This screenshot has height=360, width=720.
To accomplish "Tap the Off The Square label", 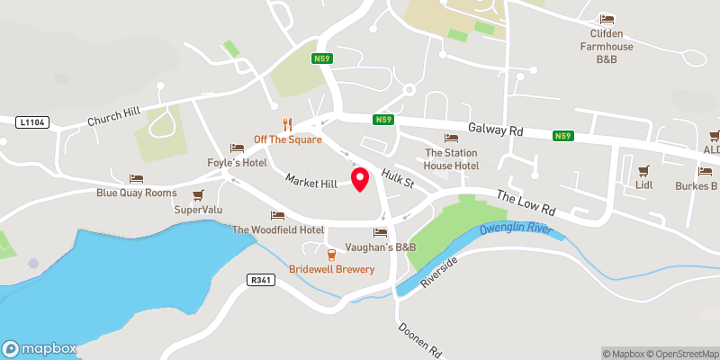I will coord(288,139).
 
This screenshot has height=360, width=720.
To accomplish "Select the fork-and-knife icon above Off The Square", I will coord(288,124).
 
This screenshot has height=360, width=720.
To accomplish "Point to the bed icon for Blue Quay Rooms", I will coord(136,178).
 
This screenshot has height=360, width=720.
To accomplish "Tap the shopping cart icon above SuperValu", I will coord(198,194).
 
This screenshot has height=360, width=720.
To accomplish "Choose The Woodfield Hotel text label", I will coord(278,229).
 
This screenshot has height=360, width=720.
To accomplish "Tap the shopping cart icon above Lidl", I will coord(643,170).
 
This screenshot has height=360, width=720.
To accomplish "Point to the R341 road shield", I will coord(259,280).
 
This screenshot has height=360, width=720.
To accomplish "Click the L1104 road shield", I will coord(30,120).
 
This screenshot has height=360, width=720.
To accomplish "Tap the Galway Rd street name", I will coord(495,130).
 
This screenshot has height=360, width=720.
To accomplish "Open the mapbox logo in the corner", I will coord(39,348).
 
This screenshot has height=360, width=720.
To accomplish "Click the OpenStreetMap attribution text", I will coord(682,354).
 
